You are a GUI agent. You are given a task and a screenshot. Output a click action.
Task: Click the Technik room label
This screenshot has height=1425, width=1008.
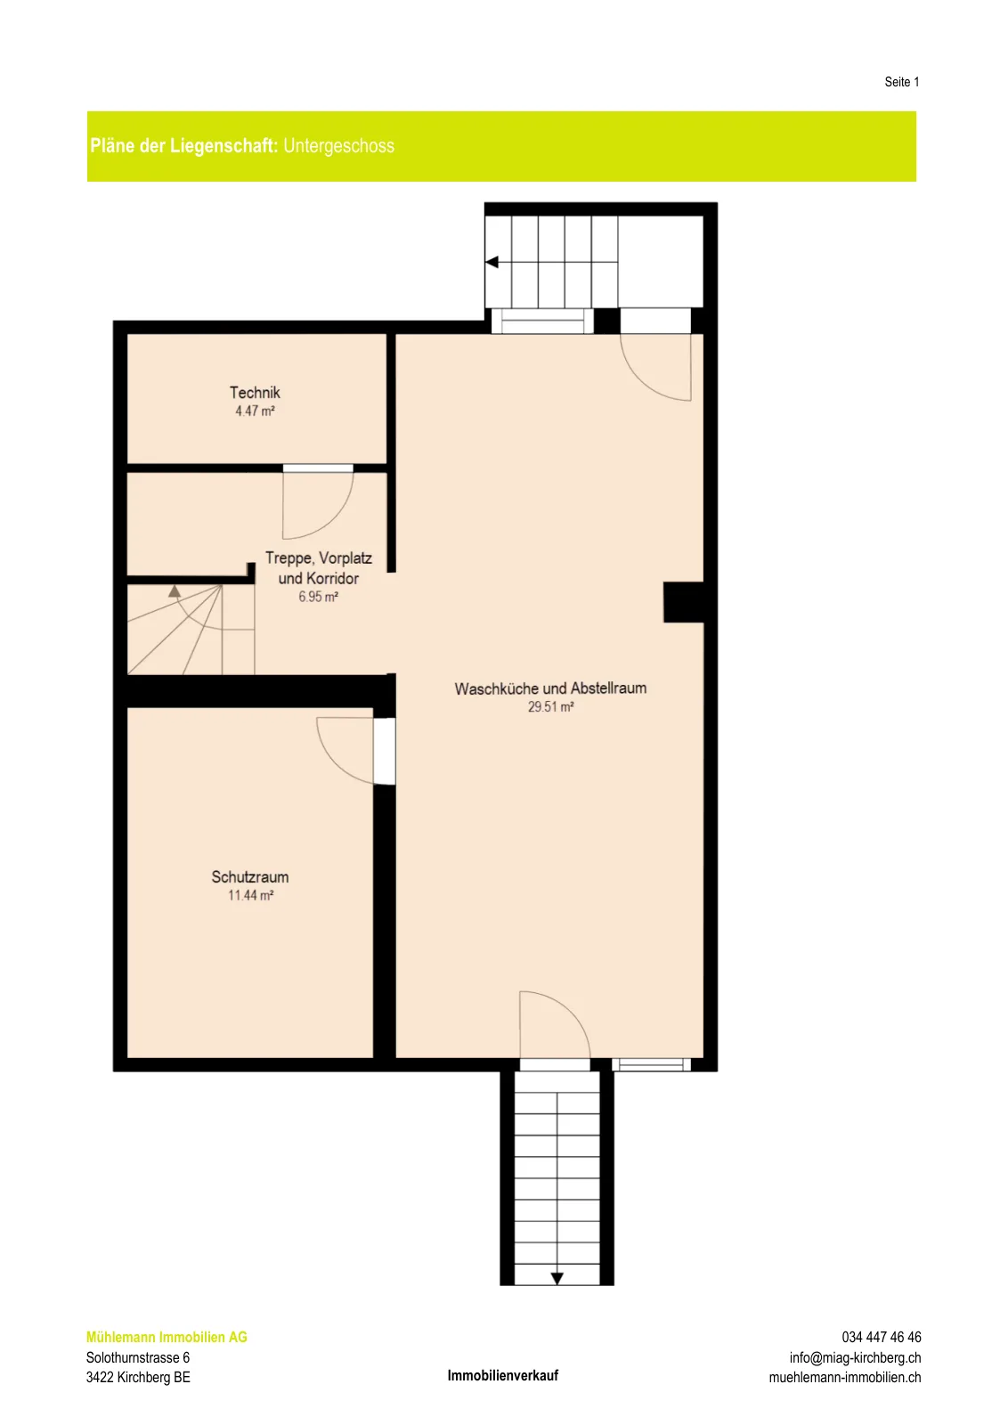click(x=255, y=393)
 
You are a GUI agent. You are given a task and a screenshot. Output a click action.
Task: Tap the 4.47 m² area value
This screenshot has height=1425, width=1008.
click(x=255, y=411)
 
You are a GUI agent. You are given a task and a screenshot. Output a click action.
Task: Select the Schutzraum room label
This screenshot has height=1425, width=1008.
click(x=250, y=877)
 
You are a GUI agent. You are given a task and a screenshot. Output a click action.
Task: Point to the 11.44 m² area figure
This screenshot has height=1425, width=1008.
click(x=250, y=896)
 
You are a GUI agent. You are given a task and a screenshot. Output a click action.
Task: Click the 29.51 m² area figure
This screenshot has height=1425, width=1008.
click(x=550, y=707)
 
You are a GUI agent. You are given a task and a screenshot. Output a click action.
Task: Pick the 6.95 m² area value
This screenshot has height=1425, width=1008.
click(x=318, y=597)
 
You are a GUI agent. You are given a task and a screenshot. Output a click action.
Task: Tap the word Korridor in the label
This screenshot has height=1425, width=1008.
click(x=331, y=579)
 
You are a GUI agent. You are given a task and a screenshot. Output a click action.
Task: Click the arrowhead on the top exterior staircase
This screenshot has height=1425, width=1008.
click(x=492, y=262)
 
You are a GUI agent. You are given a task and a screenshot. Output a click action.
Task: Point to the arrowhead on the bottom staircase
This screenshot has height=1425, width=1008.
click(x=557, y=1278)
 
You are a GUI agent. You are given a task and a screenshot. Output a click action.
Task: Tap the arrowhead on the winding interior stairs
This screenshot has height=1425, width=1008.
click(x=175, y=591)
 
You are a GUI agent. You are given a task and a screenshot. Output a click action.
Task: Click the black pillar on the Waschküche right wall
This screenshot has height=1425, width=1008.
click(x=684, y=602)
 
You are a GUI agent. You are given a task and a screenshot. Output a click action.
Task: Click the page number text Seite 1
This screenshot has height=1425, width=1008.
click(x=902, y=82)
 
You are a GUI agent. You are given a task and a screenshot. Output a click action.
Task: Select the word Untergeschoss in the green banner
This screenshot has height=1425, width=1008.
click(x=339, y=146)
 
